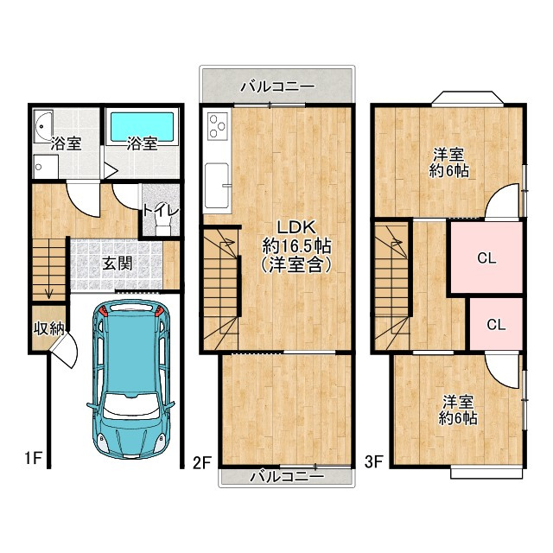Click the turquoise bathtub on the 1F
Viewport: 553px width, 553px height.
tap(143, 127)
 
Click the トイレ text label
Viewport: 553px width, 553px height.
tap(161, 210)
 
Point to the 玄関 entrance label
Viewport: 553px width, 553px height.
tap(118, 264)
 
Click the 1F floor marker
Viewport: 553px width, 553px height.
tap(32, 459)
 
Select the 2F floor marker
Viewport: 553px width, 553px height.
tap(202, 462)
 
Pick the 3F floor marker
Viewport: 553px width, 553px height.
tap(373, 462)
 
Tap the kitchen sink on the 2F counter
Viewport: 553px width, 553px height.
tap(218, 184)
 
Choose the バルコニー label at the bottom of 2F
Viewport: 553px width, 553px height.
tap(287, 476)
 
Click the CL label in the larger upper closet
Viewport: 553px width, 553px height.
tap(486, 257)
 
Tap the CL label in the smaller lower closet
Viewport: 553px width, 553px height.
tap(495, 325)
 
